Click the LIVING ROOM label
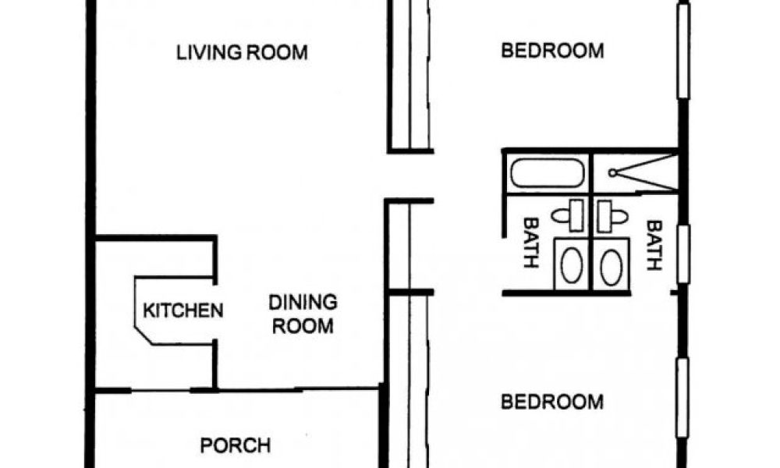[243, 52]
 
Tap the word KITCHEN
[183, 311]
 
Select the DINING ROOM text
[303, 314]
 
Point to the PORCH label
[236, 445]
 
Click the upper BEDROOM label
[552, 51]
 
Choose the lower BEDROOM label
[552, 402]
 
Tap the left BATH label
[531, 243]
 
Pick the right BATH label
[654, 245]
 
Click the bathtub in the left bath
[548, 173]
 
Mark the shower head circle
[613, 173]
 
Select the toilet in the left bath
[568, 215]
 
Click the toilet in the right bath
[612, 216]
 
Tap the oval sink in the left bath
[572, 266]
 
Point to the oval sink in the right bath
[612, 268]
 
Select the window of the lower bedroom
[682, 398]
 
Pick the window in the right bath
[683, 254]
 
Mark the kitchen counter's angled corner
[144, 335]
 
